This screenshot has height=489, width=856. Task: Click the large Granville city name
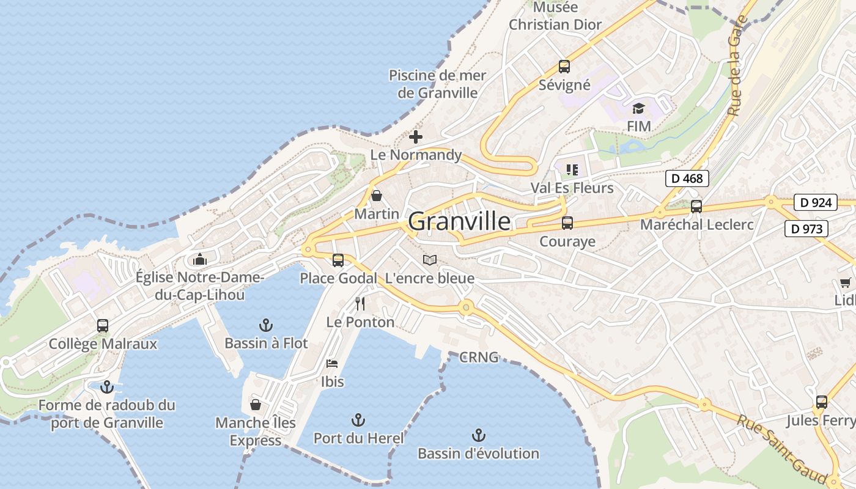(459, 221)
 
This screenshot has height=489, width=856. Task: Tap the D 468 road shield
(687, 178)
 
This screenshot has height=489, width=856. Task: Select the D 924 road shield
(816, 202)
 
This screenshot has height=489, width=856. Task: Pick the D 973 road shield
(806, 229)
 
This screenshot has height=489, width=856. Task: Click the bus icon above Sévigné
(564, 67)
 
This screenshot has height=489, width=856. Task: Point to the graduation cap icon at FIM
(638, 108)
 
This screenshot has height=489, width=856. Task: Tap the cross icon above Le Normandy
(416, 137)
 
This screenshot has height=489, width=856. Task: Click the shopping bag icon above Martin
(377, 196)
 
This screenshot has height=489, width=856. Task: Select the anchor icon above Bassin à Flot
(265, 325)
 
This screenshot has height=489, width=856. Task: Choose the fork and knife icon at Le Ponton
(360, 303)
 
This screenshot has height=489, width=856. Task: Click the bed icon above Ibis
(332, 364)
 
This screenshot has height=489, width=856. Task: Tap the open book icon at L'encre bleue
(430, 260)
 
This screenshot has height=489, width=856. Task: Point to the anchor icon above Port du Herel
(358, 420)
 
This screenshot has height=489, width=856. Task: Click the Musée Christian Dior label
(555, 17)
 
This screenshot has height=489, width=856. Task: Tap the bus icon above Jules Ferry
(821, 402)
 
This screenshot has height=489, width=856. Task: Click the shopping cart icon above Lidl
(846, 282)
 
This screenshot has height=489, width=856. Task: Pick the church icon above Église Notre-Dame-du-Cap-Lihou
(199, 260)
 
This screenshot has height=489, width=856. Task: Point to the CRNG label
(479, 357)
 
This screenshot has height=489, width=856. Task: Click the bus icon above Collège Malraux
(103, 326)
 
